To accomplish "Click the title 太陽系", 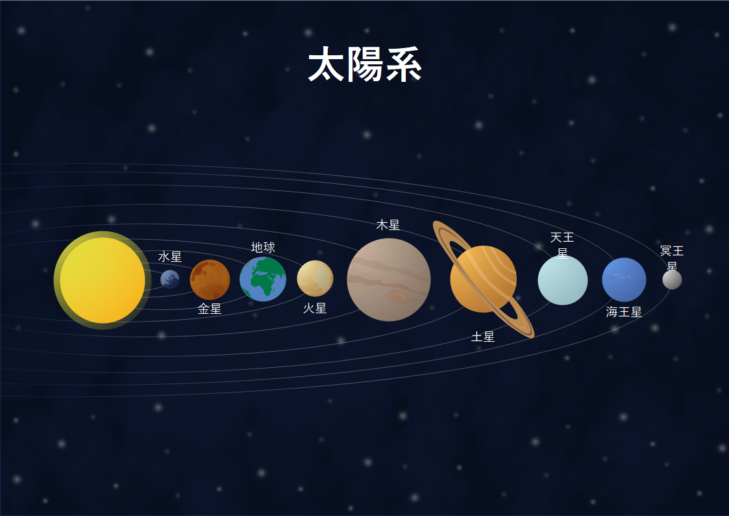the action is pos(365,65).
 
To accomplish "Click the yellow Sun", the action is pos(103,280).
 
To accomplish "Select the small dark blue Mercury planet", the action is pos(169,279).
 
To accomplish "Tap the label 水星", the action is pos(169,257).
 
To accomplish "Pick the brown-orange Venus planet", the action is pos(210,279).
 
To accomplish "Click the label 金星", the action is pos(210,309).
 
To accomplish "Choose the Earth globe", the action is pos(263,279).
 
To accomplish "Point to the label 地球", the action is pos(263,247).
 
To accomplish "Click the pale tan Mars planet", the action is pos(315,278).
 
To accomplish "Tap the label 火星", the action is pos(315,308).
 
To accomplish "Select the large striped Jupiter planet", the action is pos(389,279).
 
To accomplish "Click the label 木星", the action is pos(388,226).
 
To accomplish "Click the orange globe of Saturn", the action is pos(484,279).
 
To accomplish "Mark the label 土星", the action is pos(483,337).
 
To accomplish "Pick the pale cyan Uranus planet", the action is pos(563,280).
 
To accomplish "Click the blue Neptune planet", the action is pos(624,279).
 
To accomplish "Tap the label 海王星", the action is pos(624,312).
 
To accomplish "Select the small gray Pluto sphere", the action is pos(673,279).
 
